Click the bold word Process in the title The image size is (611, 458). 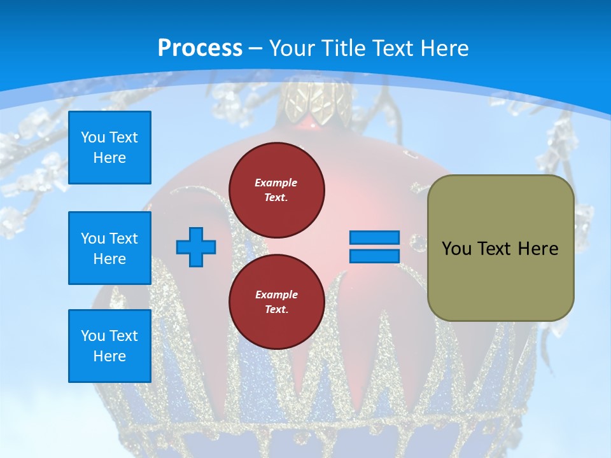[x=200, y=48]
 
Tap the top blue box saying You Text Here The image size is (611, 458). [x=109, y=148]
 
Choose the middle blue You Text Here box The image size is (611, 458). [x=109, y=248]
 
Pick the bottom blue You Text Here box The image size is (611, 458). [x=109, y=346]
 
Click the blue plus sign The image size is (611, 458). [x=196, y=247]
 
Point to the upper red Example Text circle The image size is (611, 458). [x=276, y=190]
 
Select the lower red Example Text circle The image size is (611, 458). [x=276, y=302]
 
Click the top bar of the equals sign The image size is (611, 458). [x=374, y=237]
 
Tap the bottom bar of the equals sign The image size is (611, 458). [x=374, y=256]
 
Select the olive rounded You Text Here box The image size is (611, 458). [x=500, y=248]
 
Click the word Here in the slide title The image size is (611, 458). [x=444, y=48]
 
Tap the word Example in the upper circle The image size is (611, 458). [x=276, y=183]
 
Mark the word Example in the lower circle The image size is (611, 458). [x=276, y=295]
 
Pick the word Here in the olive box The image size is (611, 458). [x=538, y=249]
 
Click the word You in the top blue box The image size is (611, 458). [x=93, y=137]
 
